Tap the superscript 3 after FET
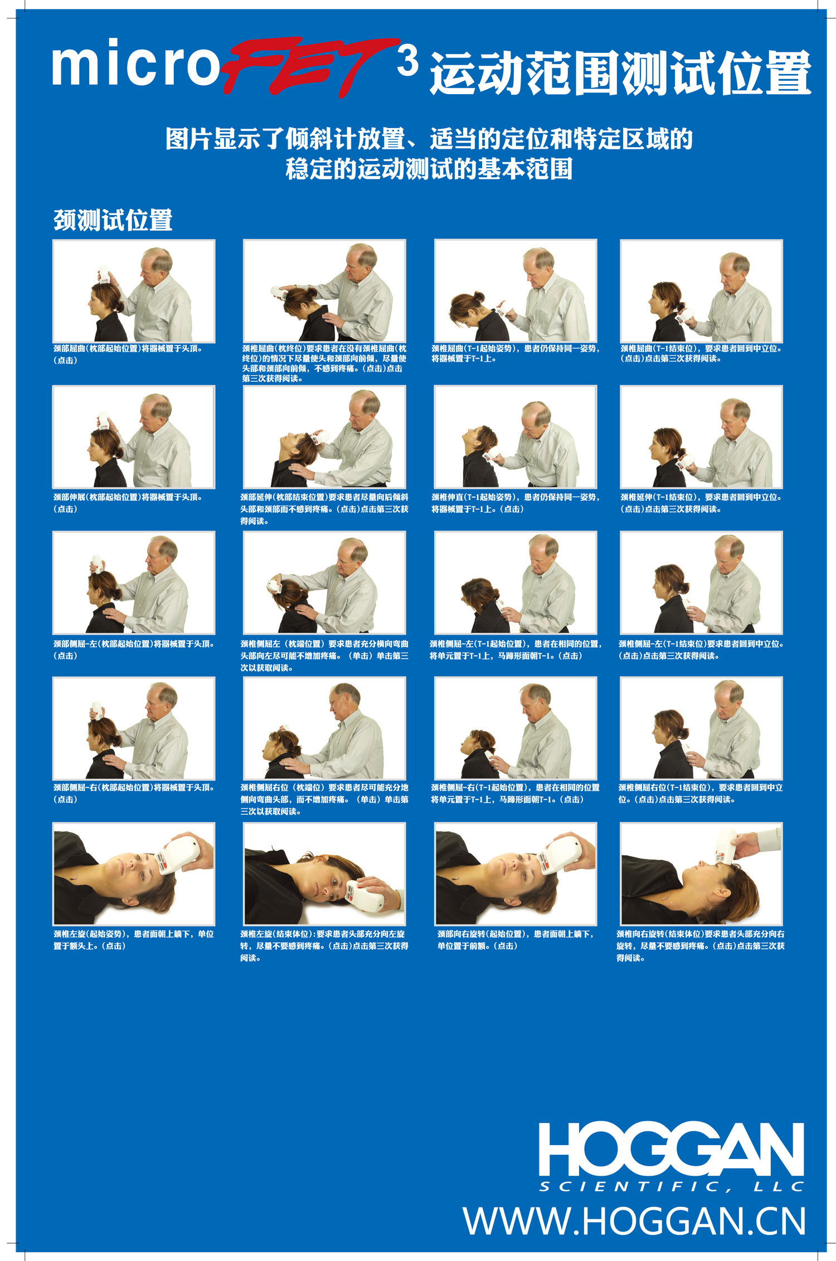[408, 61]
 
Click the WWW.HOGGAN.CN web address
[635, 1221]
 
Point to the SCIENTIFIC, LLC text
[672, 1187]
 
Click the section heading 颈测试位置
[113, 220]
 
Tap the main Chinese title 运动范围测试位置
[620, 73]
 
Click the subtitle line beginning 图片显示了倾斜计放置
[429, 139]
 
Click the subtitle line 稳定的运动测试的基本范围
[429, 169]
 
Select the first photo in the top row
[134, 291]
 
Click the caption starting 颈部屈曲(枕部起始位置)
[128, 354]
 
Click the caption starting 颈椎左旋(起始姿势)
[134, 939]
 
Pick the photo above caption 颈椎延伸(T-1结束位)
[701, 437]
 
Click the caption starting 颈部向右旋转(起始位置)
[516, 939]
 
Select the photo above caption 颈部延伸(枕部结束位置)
[324, 437]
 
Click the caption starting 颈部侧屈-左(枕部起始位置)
[134, 649]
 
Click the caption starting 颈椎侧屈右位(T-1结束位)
[701, 793]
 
